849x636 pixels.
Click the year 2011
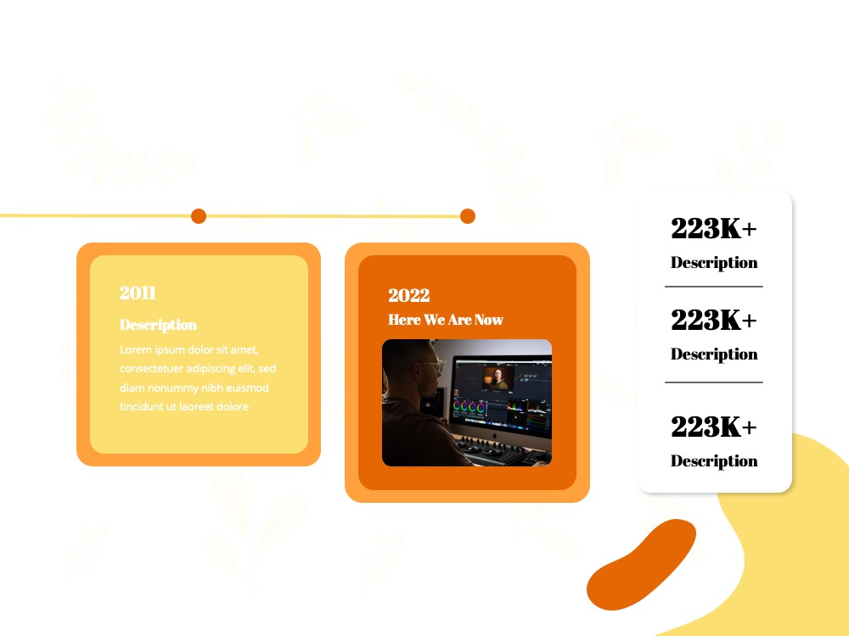[x=138, y=293]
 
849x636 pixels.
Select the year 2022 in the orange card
[x=409, y=295]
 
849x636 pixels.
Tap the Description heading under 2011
[x=158, y=325]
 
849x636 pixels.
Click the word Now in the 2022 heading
[x=489, y=320]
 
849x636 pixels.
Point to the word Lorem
[x=135, y=349]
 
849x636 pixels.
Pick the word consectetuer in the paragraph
[x=152, y=369]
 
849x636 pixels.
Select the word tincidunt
[x=140, y=407]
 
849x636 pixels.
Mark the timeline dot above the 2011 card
[x=199, y=215]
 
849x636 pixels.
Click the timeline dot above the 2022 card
[x=468, y=215]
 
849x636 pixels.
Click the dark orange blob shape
[x=641, y=565]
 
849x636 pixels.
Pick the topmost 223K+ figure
[x=714, y=227]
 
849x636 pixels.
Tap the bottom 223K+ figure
[x=714, y=427]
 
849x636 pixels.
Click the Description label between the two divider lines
[x=714, y=354]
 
